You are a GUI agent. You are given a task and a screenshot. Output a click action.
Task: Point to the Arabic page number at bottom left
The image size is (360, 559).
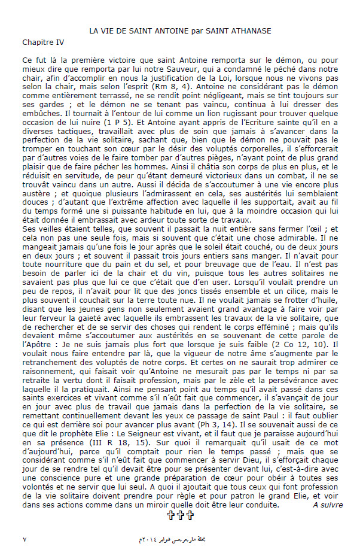[25, 540]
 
